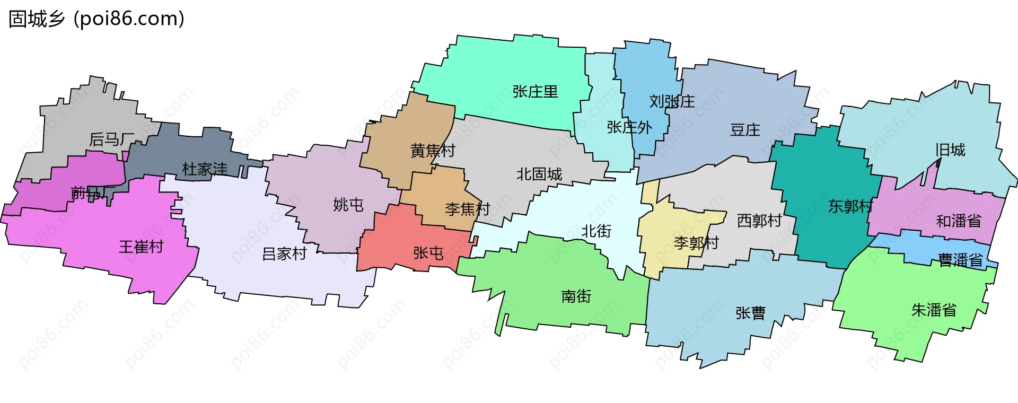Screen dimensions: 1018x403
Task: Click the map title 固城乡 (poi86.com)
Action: [x=96, y=19]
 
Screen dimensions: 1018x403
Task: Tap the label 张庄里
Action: [x=535, y=92]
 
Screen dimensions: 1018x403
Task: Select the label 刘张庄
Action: [x=672, y=101]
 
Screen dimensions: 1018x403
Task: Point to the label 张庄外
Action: [x=629, y=127]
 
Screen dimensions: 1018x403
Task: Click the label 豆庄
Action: [x=745, y=130]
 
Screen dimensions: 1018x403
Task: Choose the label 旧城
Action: [x=950, y=150]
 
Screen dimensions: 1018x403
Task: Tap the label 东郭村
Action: [x=850, y=206]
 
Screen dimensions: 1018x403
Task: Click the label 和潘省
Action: [x=959, y=221]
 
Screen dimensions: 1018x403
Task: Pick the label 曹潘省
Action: [x=960, y=260]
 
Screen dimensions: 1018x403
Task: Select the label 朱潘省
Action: [x=934, y=310]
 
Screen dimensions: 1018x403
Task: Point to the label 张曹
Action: [x=750, y=313]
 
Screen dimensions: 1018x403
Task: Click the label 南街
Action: [x=576, y=296]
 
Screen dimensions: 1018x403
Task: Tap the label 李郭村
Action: [x=696, y=243]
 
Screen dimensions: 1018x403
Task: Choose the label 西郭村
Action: [x=759, y=221]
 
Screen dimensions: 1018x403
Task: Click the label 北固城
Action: [x=539, y=174]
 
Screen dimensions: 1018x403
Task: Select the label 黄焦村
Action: [x=433, y=151]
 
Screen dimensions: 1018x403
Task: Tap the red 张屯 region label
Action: [x=428, y=253]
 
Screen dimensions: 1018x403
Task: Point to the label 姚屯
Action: [x=348, y=205]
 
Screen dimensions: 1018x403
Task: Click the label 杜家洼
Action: [x=205, y=169]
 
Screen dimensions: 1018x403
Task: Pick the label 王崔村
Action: [x=141, y=247]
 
